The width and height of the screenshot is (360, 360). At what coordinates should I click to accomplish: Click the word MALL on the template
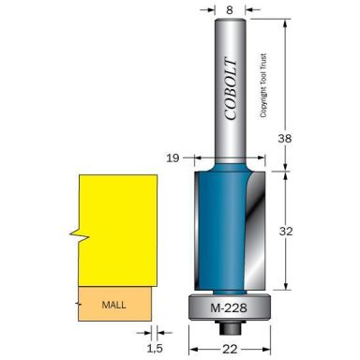[x=112, y=305]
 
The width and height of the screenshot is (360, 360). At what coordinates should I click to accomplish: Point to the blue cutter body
[x=225, y=230]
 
